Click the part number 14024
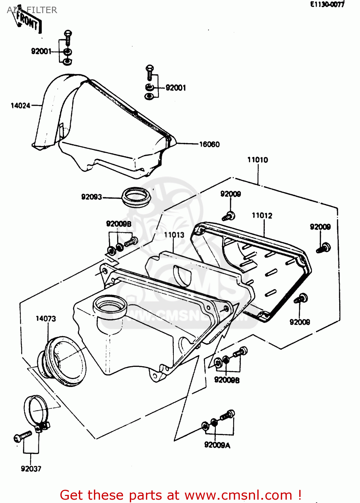(20, 106)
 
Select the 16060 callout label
(209, 144)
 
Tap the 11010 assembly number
(258, 160)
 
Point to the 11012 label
(262, 216)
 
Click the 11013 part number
(174, 235)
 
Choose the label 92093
(91, 197)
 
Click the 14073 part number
(46, 319)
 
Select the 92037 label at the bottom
(31, 469)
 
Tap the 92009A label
(217, 445)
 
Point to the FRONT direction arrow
(28, 21)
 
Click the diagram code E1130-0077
(327, 4)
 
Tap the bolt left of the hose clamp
(22, 437)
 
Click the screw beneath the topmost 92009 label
(229, 216)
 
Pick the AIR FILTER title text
(32, 10)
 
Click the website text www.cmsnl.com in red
(239, 495)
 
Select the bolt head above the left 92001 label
(68, 34)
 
